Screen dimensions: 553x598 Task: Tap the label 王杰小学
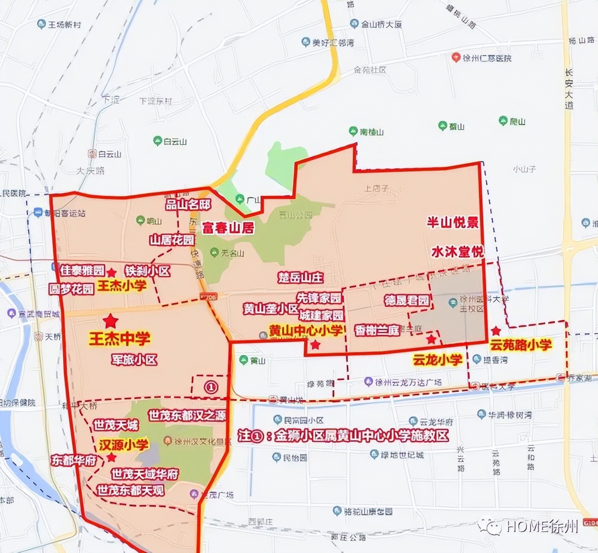(122, 286)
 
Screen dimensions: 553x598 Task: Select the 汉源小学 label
(124, 445)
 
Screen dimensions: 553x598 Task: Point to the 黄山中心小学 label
(306, 330)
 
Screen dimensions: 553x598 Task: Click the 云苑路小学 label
(521, 345)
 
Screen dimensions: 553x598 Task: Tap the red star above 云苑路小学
(496, 330)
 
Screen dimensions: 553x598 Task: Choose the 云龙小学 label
(437, 360)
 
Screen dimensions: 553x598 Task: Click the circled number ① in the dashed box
(211, 387)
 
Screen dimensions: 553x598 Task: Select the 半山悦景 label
(453, 222)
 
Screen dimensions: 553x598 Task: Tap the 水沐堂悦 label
(457, 252)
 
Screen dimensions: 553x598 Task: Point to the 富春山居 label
(228, 228)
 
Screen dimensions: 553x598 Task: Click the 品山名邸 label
(188, 204)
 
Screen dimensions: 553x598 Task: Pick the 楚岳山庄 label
(300, 277)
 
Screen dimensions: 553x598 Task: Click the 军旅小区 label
(134, 360)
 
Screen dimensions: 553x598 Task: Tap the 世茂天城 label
(116, 425)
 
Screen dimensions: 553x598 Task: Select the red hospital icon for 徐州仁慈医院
(456, 58)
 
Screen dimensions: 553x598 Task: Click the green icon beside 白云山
(157, 141)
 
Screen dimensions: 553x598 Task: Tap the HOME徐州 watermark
(541, 526)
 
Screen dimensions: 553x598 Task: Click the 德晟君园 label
(406, 300)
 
